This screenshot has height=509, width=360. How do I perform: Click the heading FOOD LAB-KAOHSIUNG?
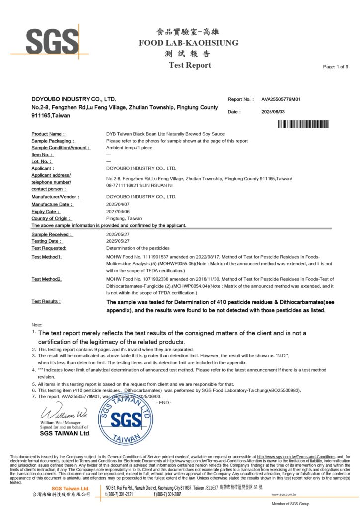point(188,43)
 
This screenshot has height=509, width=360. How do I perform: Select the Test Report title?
point(189,65)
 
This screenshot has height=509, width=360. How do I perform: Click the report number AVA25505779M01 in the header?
point(282,99)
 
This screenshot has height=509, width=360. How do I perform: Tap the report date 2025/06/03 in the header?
point(273,112)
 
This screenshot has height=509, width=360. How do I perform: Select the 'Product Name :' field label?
point(48,134)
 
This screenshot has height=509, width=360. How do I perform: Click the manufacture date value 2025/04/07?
point(118,204)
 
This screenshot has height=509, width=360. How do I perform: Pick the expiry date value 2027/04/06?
point(118,211)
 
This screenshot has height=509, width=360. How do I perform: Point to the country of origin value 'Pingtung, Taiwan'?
point(124,218)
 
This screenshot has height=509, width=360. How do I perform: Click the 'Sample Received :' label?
point(52,234)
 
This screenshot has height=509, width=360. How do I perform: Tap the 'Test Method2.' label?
point(47,279)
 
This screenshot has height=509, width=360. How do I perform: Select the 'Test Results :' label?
point(46,301)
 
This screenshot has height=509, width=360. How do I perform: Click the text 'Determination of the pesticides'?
point(138,248)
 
